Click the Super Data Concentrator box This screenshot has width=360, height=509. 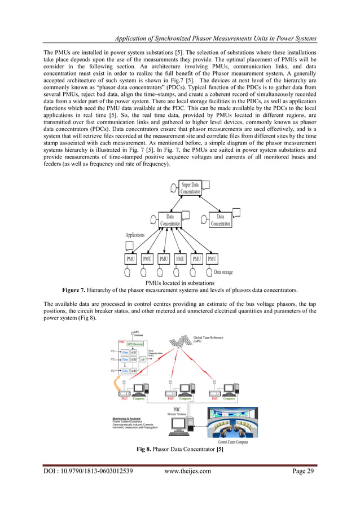(190, 188)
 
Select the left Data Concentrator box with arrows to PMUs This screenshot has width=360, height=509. (170, 220)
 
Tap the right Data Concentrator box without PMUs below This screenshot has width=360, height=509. (221, 220)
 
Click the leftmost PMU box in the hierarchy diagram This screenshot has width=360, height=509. (130, 259)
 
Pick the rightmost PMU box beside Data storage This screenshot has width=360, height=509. (212, 259)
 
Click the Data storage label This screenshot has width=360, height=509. (223, 272)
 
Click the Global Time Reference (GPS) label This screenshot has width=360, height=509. (208, 339)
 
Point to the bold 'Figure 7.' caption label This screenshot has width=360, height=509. (77, 290)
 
